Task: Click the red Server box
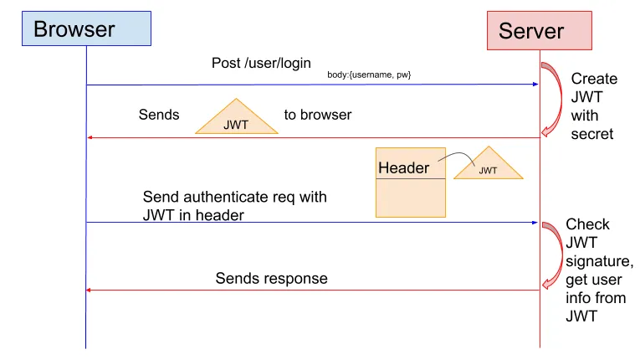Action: point(540,30)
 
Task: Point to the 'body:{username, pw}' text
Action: point(369,75)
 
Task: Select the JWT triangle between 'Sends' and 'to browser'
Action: point(237,120)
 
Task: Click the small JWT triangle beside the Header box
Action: point(489,167)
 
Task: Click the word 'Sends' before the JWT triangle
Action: point(159,115)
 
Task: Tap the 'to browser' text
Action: point(318,115)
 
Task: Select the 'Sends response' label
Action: point(271,278)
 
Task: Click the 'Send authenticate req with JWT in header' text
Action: point(234,206)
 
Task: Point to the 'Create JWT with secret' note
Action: point(594,106)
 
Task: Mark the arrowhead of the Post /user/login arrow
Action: point(534,85)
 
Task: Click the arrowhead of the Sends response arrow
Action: point(91,291)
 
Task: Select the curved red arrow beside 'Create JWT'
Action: point(552,99)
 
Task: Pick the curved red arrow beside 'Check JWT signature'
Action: point(553,254)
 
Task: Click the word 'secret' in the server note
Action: point(592,134)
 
